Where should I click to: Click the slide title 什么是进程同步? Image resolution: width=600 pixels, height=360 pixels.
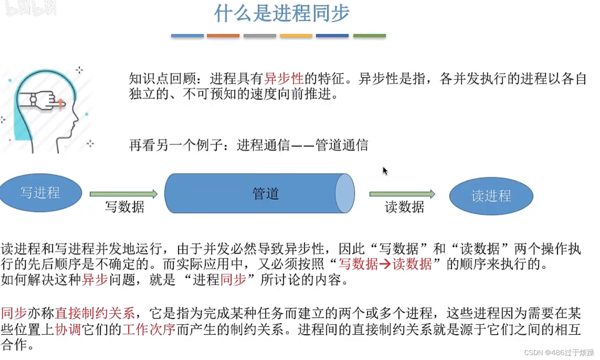[282, 13]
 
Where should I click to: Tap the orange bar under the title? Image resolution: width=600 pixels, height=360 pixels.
[223, 36]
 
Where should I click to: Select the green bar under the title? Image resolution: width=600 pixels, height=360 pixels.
[369, 36]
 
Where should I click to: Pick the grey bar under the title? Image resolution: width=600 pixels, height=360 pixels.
[259, 36]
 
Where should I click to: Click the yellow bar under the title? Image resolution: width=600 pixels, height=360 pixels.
[296, 36]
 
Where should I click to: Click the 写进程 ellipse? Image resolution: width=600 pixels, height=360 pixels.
[40, 193]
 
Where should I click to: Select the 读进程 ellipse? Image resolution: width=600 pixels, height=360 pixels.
[491, 196]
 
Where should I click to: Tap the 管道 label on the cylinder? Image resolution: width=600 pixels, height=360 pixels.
[265, 194]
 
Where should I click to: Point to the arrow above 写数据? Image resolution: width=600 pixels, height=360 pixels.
[124, 194]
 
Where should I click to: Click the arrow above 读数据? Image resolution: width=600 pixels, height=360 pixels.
[402, 194]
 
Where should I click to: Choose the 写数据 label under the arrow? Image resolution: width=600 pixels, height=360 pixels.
[124, 207]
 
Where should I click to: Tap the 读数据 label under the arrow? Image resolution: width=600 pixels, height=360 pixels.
[404, 207]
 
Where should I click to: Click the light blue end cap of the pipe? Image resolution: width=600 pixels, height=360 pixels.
[345, 193]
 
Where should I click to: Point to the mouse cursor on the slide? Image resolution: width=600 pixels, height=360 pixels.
[385, 171]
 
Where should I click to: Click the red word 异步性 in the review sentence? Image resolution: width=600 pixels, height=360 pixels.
[284, 79]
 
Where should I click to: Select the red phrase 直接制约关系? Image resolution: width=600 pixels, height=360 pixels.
[95, 313]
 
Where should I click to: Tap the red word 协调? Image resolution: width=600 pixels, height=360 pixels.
[68, 329]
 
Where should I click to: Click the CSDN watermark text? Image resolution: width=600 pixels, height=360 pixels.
[559, 353]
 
